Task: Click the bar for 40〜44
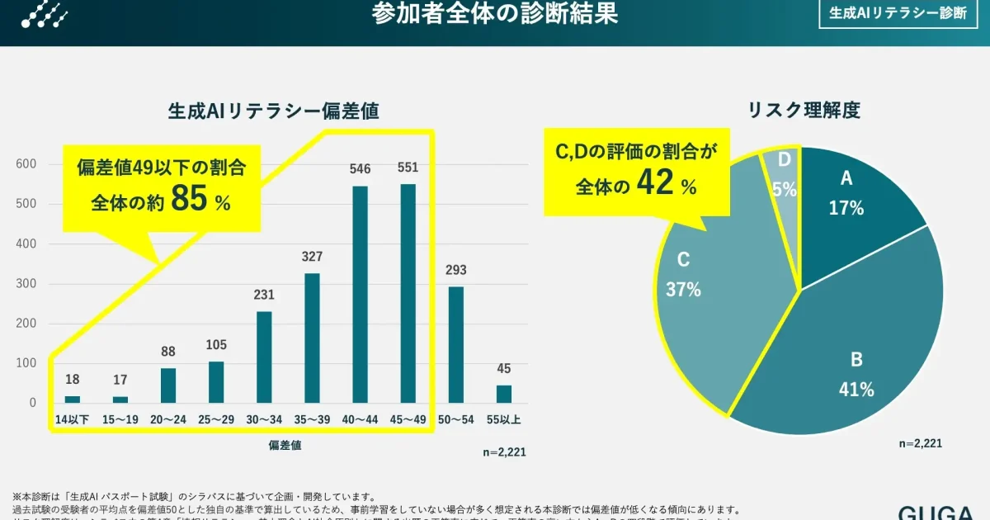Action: coord(360,294)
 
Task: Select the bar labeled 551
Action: coord(408,293)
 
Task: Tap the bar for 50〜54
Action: coord(455,344)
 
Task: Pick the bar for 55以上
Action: coord(503,394)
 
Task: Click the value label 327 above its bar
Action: coord(312,256)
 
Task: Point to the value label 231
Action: coord(264,294)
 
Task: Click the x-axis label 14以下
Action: coord(73,420)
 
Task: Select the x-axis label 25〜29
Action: coord(216,420)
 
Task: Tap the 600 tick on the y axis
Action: coord(27,164)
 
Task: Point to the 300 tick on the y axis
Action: coord(27,284)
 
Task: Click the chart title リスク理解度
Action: coord(804,111)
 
